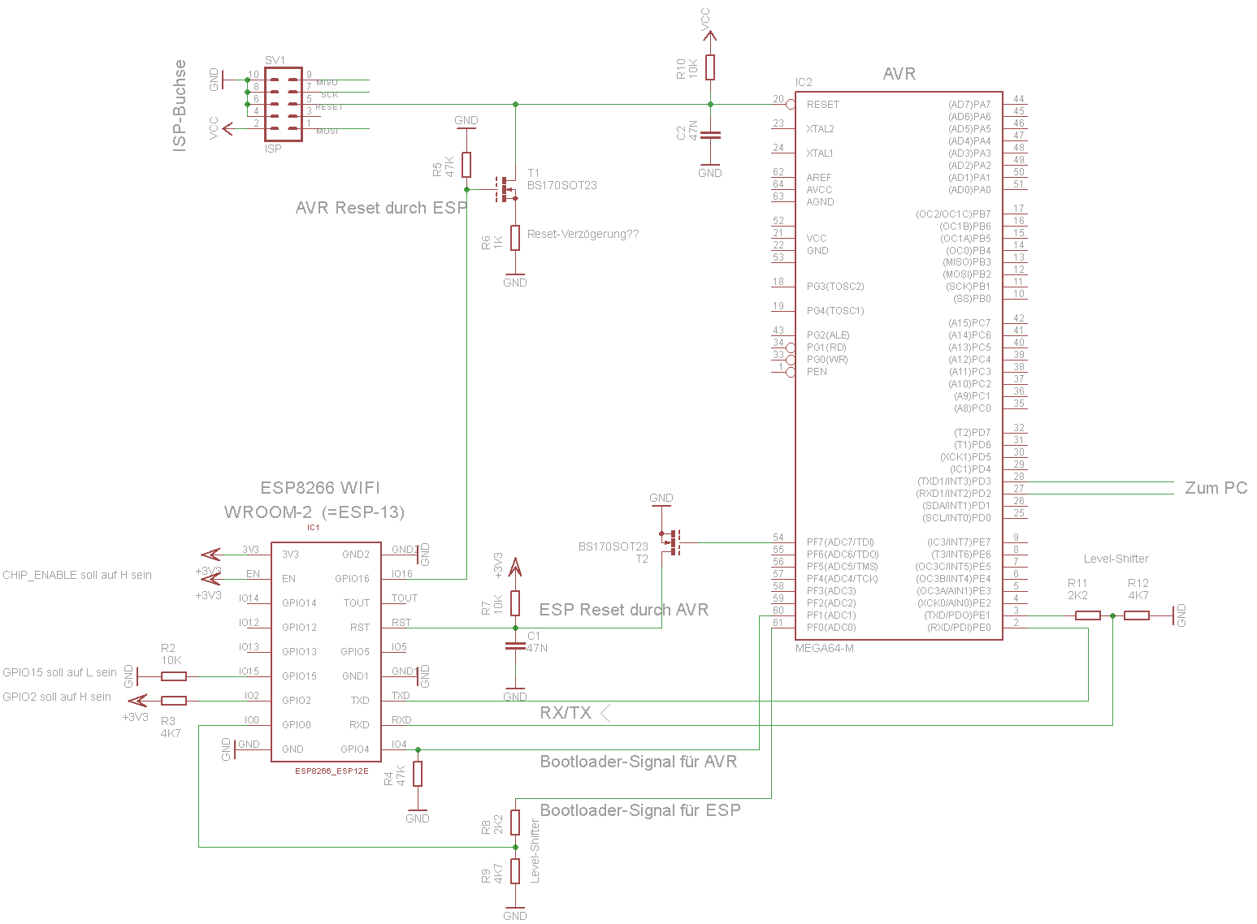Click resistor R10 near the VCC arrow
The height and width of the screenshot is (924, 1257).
coord(710,67)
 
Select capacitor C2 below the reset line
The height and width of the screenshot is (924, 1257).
coord(710,135)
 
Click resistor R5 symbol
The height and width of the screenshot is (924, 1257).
coord(466,165)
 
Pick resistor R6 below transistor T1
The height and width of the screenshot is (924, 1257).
coord(515,238)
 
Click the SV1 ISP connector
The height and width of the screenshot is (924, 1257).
coord(283,104)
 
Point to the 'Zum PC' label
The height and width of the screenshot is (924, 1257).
coord(1216,488)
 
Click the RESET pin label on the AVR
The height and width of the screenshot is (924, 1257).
coord(822,105)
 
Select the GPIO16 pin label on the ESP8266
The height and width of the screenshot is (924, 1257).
coord(352,579)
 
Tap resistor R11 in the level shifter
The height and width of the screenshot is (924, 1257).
coord(1087,615)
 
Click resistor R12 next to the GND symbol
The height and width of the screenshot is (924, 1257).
coord(1136,615)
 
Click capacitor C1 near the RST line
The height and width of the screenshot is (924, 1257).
coord(515,646)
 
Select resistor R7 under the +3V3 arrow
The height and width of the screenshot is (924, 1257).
coord(515,603)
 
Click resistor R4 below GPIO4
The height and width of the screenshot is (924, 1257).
coord(418,774)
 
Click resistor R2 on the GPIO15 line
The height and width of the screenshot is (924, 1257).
coord(173,676)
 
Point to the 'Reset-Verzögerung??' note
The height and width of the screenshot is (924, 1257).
coord(583,235)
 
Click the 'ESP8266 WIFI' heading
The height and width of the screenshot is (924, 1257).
coord(320,488)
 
